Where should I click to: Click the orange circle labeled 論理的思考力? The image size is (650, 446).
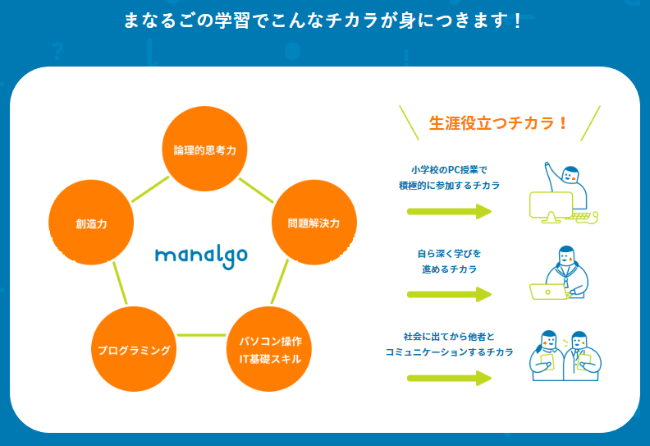pyautogui.click(x=204, y=150)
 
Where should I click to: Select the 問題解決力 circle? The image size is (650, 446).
pyautogui.click(x=313, y=223)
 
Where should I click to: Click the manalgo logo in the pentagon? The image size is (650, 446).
pyautogui.click(x=201, y=254)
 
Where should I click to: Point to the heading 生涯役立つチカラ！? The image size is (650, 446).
pyautogui.click(x=499, y=123)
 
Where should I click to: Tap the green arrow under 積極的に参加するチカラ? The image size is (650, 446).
pyautogui.click(x=449, y=211)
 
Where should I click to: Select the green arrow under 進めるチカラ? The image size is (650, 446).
pyautogui.click(x=449, y=294)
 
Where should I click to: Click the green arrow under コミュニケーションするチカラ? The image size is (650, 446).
pyautogui.click(x=449, y=378)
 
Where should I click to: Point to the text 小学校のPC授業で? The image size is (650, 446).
pyautogui.click(x=450, y=170)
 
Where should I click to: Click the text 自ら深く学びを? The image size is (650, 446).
pyautogui.click(x=450, y=253)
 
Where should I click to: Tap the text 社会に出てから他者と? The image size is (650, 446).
pyautogui.click(x=450, y=337)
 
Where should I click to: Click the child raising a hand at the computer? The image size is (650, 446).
pyautogui.click(x=564, y=194)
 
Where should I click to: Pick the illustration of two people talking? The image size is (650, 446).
pyautogui.click(x=563, y=355)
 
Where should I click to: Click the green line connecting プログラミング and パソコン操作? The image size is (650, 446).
pyautogui.click(x=201, y=335)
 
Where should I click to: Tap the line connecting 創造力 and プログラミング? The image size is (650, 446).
pyautogui.click(x=120, y=283)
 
